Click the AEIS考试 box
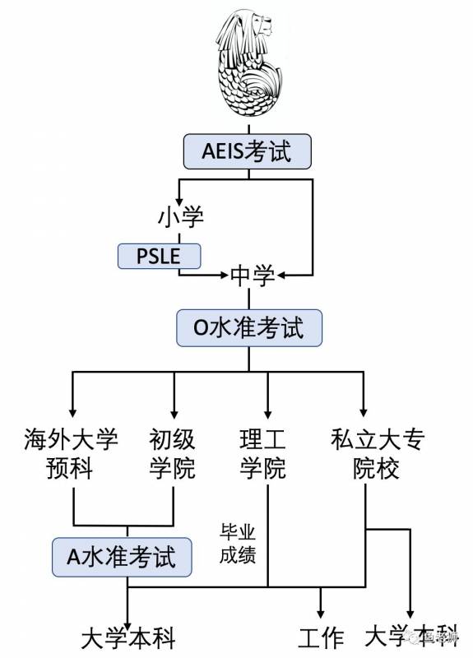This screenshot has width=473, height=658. [248, 151]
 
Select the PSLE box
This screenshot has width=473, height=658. [160, 256]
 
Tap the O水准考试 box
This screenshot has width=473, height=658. [248, 328]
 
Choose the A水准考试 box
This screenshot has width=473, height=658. [125, 558]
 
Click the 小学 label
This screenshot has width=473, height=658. [180, 217]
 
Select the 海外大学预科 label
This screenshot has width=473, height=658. [72, 453]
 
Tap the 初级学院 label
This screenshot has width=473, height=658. [172, 453]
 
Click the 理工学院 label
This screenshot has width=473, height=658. [263, 453]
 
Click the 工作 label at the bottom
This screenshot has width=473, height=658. [320, 637]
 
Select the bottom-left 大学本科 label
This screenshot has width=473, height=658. [128, 637]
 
